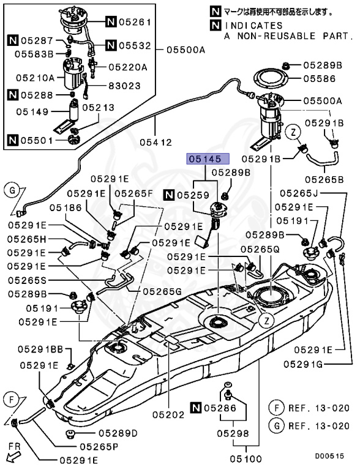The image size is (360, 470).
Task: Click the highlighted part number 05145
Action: [x=208, y=159]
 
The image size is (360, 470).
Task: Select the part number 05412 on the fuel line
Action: [x=156, y=143]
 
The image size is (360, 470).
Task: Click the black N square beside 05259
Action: [x=168, y=195]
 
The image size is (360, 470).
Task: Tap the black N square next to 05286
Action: [x=195, y=407]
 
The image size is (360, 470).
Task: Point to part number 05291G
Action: [x=324, y=364]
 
